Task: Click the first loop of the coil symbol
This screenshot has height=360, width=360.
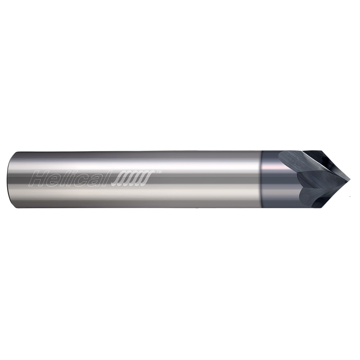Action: (119, 179)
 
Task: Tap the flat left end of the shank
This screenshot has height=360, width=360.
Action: (10, 179)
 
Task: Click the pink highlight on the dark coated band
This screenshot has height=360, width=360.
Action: (270, 167)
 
